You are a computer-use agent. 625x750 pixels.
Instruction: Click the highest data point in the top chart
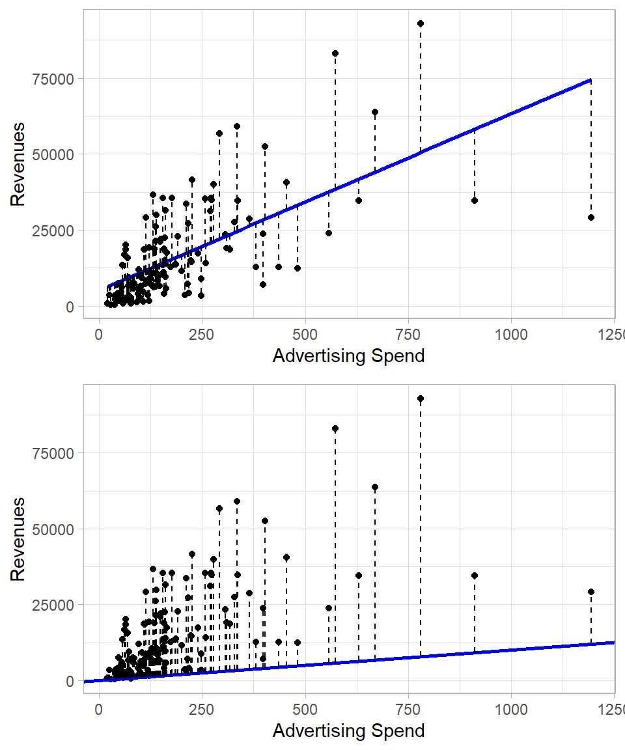pyautogui.click(x=421, y=23)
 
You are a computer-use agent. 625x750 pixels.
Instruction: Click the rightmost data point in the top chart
pyautogui.click(x=591, y=217)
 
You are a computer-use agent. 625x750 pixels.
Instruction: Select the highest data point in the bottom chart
pyautogui.click(x=421, y=398)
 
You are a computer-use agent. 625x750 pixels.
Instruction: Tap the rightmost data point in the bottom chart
pyautogui.click(x=591, y=592)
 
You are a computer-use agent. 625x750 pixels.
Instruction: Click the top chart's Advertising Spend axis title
pyautogui.click(x=348, y=356)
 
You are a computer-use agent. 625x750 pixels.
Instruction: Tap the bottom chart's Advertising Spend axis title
pyautogui.click(x=348, y=730)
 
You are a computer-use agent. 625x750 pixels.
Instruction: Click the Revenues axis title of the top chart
pyautogui.click(x=19, y=164)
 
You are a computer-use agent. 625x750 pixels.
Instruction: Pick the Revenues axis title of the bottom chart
pyautogui.click(x=19, y=539)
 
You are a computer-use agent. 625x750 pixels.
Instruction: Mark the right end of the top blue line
pyautogui.click(x=590, y=80)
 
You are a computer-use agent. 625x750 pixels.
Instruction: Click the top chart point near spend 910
pyautogui.click(x=475, y=201)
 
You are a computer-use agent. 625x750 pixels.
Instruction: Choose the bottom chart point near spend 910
pyautogui.click(x=475, y=576)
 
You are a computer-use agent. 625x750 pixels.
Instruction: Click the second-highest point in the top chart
pyautogui.click(x=335, y=53)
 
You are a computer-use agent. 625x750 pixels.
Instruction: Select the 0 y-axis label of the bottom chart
pyautogui.click(x=70, y=681)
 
